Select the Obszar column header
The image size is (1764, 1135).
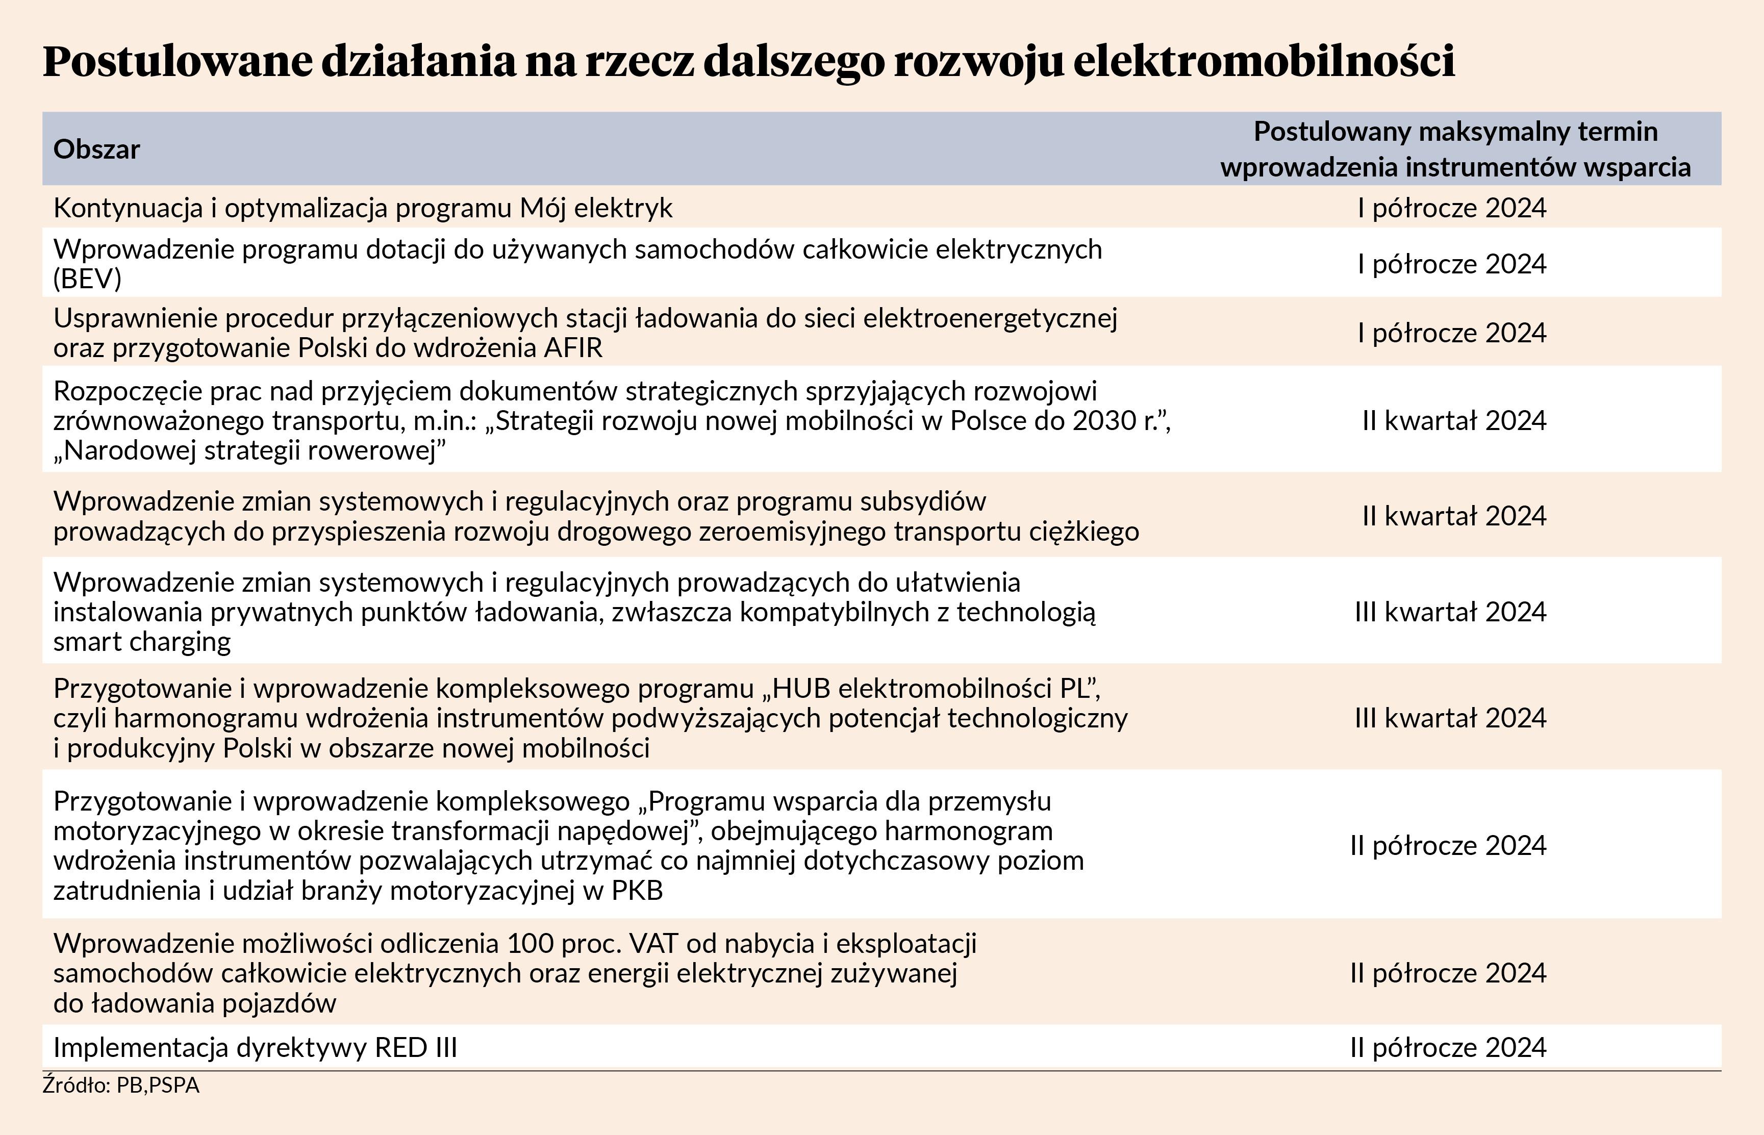96,149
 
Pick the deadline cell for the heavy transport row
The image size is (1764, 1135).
1454,516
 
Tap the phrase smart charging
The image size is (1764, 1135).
142,642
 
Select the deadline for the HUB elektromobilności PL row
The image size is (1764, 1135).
1450,718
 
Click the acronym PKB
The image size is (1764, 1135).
637,890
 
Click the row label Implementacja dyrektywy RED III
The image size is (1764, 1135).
255,1047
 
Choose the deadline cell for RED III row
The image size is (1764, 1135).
1448,1047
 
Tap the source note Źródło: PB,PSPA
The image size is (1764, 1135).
121,1086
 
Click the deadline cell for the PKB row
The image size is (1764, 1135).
1448,845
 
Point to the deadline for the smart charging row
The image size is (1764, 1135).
1450,612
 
